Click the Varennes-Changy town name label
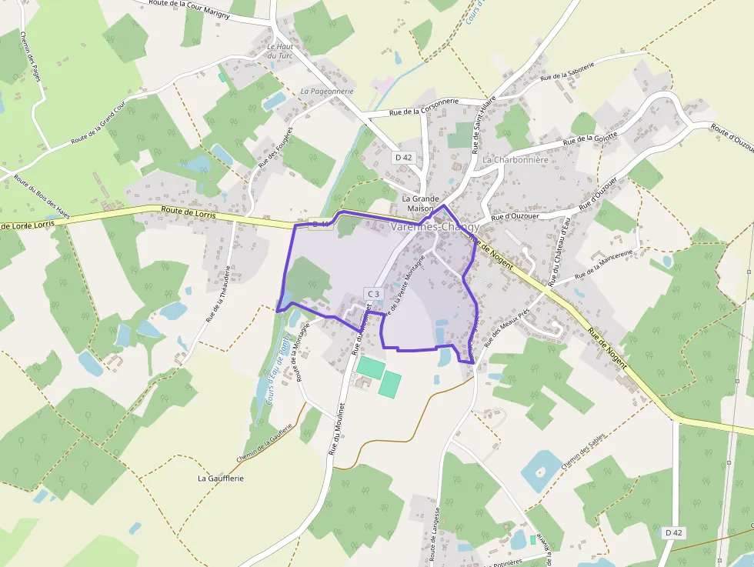pyautogui.click(x=435, y=228)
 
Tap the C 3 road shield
pyautogui.click(x=373, y=294)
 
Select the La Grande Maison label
pyautogui.click(x=421, y=203)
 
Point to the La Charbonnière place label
pyautogui.click(x=515, y=160)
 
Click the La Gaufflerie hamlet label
pyautogui.click(x=221, y=478)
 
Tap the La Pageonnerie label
pyautogui.click(x=327, y=91)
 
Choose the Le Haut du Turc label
pyautogui.click(x=280, y=51)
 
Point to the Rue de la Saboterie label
pyautogui.click(x=568, y=72)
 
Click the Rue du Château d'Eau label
pyautogui.click(x=560, y=252)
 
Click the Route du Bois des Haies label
pyautogui.click(x=42, y=198)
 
